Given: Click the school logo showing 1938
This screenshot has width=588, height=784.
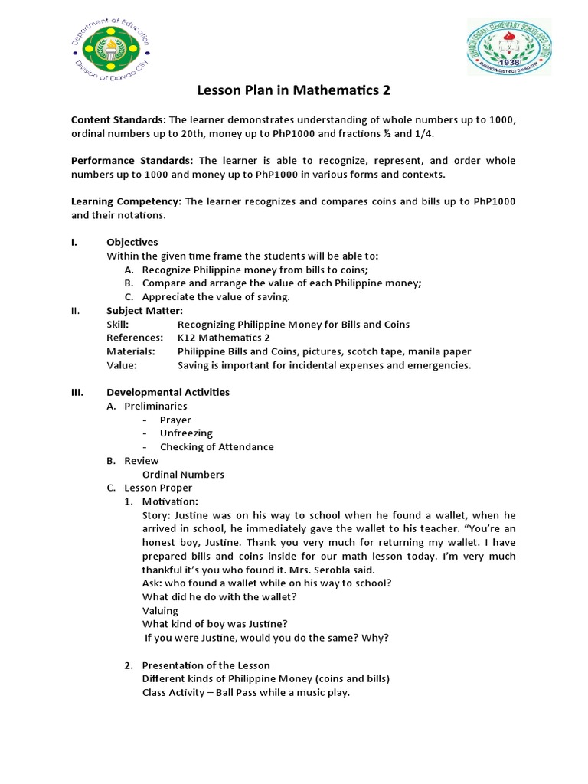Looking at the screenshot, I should (509, 47).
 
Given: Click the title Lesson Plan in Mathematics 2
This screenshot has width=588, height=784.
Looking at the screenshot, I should (294, 90).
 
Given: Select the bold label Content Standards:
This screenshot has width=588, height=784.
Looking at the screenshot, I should (118, 120).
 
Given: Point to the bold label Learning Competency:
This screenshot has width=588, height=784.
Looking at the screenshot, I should (126, 201).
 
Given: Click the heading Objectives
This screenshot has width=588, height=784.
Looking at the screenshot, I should (132, 242).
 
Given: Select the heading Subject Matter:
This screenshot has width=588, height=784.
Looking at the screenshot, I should (144, 310).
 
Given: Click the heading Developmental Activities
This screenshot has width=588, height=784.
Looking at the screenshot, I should (168, 392).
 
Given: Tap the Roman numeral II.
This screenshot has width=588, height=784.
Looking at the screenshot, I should (76, 310).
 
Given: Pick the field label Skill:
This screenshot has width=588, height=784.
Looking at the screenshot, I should (117, 324).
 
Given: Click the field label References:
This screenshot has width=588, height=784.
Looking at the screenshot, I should (135, 338).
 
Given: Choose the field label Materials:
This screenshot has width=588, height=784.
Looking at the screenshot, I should (131, 351).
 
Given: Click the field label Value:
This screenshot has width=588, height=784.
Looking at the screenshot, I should (122, 365).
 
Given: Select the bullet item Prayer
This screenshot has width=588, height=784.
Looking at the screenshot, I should (175, 420).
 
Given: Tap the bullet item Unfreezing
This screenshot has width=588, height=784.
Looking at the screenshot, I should (186, 433).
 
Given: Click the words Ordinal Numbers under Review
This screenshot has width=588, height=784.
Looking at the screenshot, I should (183, 475).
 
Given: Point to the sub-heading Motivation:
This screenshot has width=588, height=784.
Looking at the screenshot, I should (170, 501).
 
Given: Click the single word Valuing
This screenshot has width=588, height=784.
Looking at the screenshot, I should (160, 610).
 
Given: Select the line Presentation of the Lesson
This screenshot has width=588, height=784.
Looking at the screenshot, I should (205, 665).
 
